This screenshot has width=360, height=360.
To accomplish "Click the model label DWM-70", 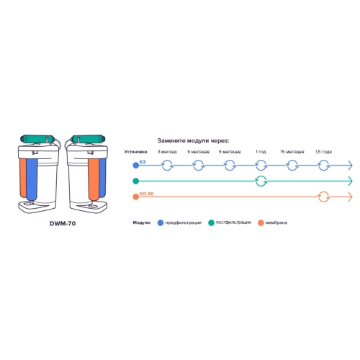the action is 63,223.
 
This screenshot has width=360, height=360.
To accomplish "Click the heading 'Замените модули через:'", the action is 193,140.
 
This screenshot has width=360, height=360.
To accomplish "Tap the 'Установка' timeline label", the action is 135,152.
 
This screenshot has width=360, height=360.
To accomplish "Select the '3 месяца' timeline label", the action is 167,152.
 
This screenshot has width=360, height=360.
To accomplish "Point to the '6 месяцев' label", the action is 199,152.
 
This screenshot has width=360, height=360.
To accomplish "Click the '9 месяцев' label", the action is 230,152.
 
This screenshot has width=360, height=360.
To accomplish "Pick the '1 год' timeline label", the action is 261,152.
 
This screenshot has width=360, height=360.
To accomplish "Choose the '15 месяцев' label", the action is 292,152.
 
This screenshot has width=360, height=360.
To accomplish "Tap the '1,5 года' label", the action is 323,152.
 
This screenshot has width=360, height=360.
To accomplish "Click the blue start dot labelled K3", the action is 136,166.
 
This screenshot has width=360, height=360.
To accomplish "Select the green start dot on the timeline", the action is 136,181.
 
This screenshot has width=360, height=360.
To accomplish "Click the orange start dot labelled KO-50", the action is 136,197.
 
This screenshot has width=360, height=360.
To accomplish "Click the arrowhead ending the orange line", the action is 351,197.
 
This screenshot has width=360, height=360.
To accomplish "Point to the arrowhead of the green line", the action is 351,181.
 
